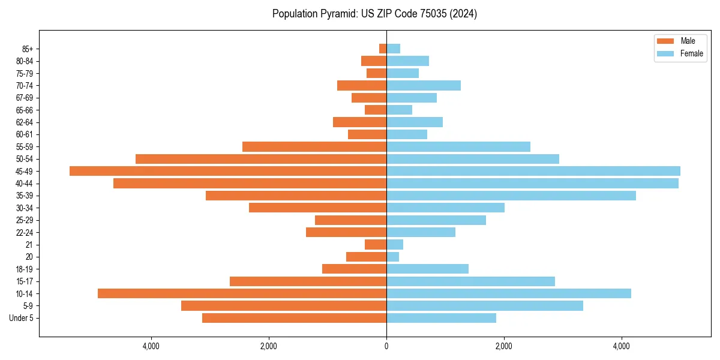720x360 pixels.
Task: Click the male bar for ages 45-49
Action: pos(228,171)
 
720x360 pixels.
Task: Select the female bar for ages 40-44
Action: pos(532,183)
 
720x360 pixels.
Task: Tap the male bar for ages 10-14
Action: pos(242,293)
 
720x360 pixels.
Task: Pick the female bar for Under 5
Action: pos(441,318)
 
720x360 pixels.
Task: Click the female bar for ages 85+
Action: pos(393,49)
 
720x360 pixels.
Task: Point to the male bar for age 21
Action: pos(376,244)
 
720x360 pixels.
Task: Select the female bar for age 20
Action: pos(392,257)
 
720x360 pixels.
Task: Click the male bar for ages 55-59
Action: pos(314,146)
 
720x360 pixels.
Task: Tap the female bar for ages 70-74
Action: pos(424,85)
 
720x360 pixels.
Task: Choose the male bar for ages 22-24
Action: pos(346,232)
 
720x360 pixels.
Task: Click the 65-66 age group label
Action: pos(25,110)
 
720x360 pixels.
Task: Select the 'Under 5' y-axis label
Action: pos(21,318)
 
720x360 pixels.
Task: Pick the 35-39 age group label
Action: pos(25,196)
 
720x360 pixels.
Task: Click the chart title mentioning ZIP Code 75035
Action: pos(374,14)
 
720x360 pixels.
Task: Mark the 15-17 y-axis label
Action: pos(25,281)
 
